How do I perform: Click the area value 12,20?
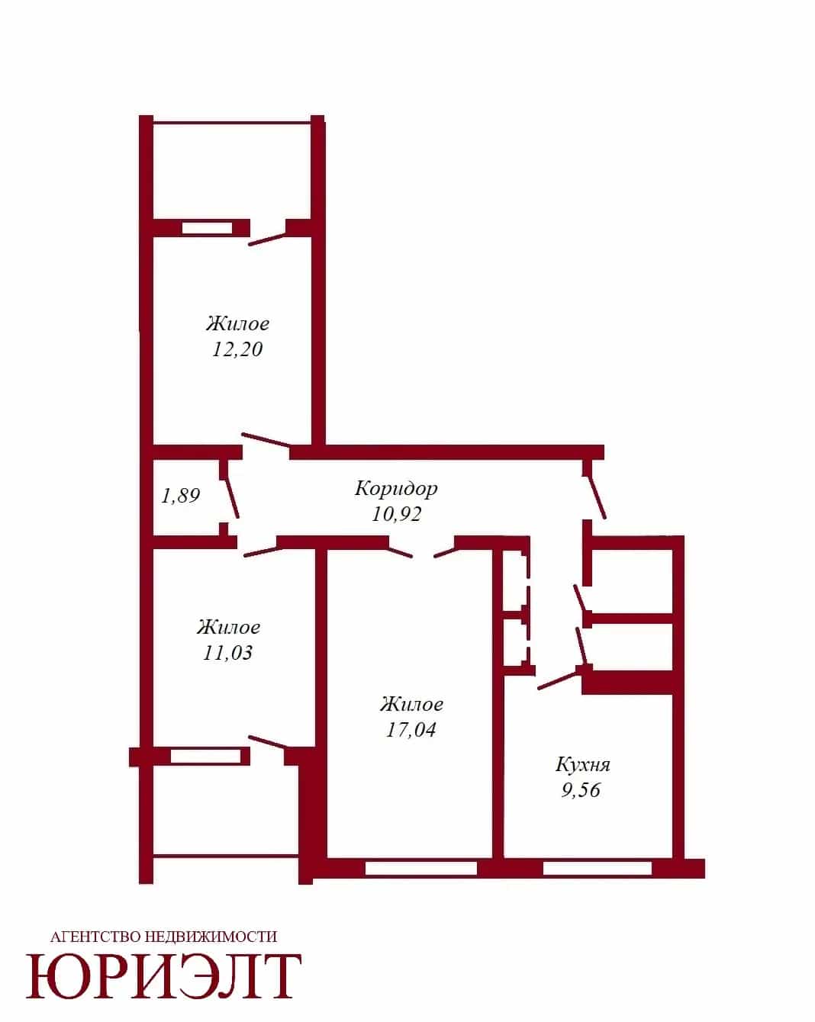[237, 349]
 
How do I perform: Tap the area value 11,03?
[227, 653]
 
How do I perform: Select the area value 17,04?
[411, 729]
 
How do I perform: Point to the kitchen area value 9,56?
[581, 789]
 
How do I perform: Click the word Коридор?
[396, 489]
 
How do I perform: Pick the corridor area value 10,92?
[396, 514]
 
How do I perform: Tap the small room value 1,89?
[181, 496]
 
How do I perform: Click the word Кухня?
[582, 765]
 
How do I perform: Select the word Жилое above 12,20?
[237, 324]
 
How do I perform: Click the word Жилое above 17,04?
[411, 704]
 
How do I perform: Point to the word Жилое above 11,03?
[229, 627]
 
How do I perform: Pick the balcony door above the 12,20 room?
[267, 239]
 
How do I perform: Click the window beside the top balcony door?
[208, 229]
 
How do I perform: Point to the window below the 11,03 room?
[206, 756]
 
